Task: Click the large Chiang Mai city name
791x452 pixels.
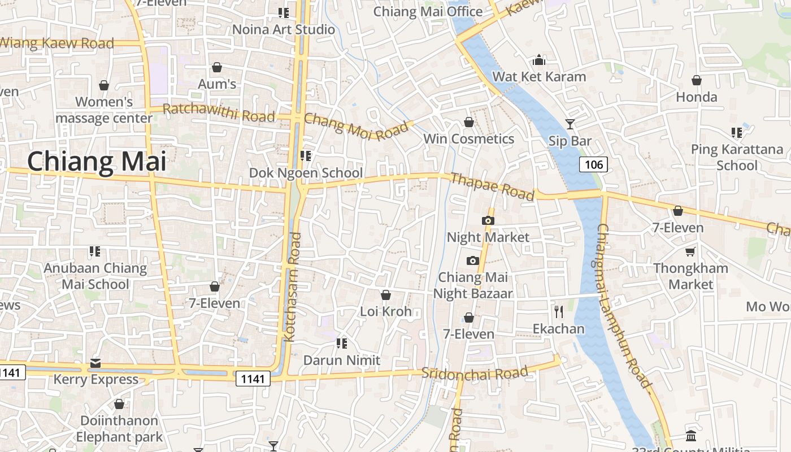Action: [x=97, y=162]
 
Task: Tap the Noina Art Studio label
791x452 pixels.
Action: [x=284, y=29]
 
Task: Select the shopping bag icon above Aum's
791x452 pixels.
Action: [x=217, y=68]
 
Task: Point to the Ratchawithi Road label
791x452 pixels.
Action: [x=219, y=112]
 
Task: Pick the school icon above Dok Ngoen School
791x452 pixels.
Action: [x=306, y=155]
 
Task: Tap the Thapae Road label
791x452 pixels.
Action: [x=492, y=186]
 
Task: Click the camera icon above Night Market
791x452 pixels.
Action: [x=488, y=220]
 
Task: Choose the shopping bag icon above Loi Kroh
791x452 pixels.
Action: [x=386, y=295]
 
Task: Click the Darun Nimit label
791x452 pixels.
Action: [x=342, y=360]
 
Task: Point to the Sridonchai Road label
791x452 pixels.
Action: [x=475, y=373]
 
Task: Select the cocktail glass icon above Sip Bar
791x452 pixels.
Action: [x=570, y=124]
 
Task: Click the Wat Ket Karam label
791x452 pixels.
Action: [x=539, y=76]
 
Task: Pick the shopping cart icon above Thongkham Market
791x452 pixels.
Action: [x=690, y=251]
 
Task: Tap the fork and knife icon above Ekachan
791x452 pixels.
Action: [x=559, y=311]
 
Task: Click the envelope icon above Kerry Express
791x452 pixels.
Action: [x=95, y=363]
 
